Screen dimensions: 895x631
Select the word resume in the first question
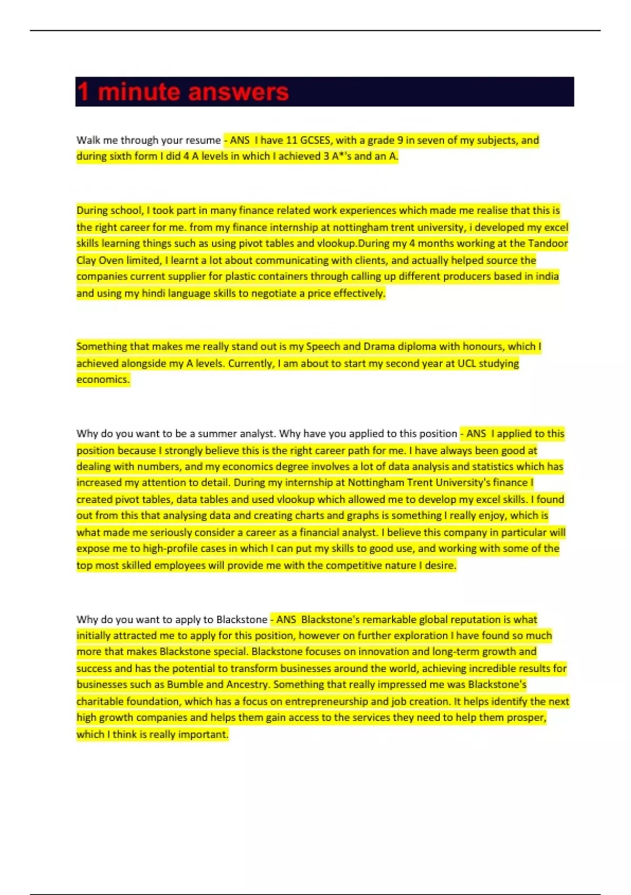(203, 140)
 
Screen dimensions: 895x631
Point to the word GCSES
(315, 140)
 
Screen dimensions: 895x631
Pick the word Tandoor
(548, 243)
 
